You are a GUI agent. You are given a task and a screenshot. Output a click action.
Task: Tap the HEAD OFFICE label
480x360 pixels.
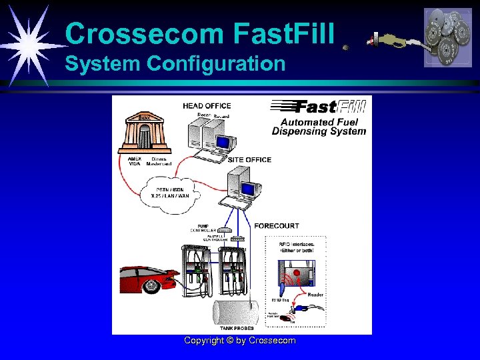click(207, 105)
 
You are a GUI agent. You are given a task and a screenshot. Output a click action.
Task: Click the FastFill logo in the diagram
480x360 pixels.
click(318, 107)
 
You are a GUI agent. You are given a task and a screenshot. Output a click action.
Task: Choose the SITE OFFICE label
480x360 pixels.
click(249, 160)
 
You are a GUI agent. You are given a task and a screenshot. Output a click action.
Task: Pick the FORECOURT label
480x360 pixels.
click(276, 226)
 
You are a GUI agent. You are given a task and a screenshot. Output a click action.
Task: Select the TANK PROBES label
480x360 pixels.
click(236, 328)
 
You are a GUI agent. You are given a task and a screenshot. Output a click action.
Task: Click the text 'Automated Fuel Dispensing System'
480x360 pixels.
click(319, 127)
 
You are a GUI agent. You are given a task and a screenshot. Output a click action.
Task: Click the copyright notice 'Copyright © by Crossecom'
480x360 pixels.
click(239, 341)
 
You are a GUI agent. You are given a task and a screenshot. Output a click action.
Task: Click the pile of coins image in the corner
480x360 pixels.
click(447, 37)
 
